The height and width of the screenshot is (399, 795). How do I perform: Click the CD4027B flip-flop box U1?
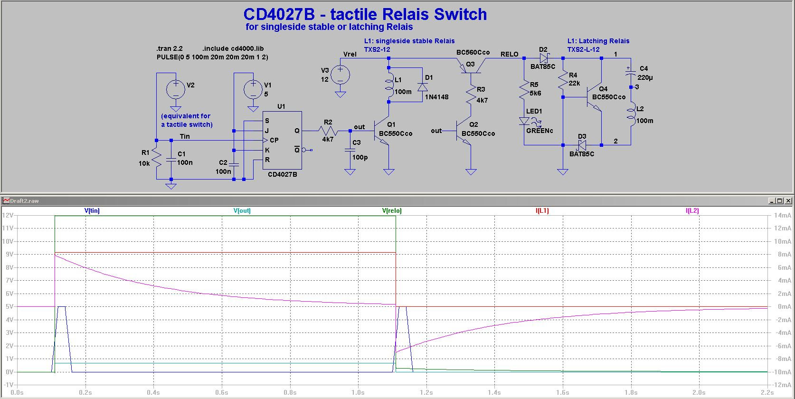pos(283,140)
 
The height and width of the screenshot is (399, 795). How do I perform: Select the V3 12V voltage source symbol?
pos(340,75)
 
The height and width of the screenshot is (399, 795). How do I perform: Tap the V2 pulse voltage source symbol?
pos(176,89)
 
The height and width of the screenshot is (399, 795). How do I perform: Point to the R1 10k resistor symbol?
pos(157,159)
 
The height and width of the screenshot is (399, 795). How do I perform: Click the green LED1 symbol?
pos(524,121)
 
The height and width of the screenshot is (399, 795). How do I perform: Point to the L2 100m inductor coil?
pos(631,115)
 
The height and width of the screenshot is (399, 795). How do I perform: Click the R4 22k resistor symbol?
pos(563,80)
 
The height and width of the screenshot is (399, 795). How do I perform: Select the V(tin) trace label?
pos(92,210)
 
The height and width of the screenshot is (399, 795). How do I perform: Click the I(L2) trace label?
pos(692,210)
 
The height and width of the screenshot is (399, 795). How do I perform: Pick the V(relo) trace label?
pos(392,210)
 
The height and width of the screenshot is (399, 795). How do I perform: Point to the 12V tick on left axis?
pos(8,215)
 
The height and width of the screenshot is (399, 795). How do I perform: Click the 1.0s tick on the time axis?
pos(358,392)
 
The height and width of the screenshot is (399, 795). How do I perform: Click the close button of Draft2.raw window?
pos(788,201)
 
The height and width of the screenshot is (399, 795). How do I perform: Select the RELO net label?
pos(509,54)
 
